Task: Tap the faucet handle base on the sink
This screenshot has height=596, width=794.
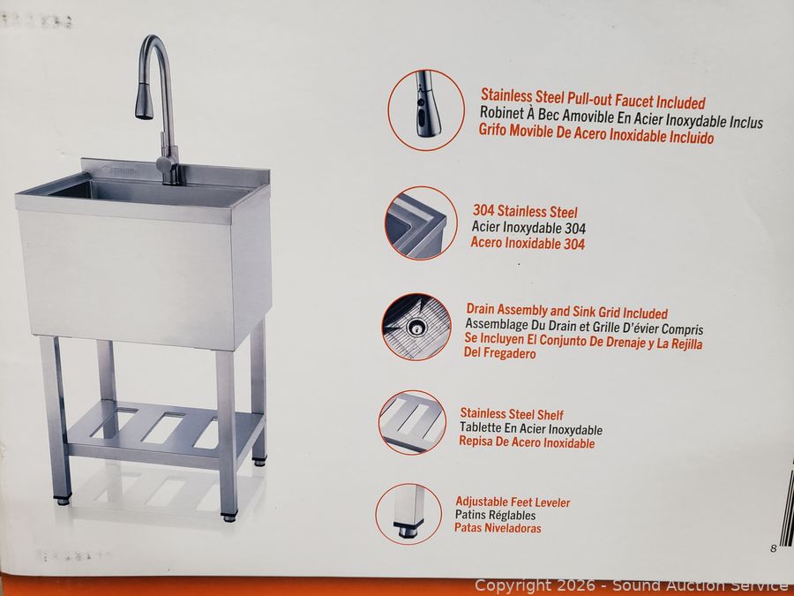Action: [x=168, y=168]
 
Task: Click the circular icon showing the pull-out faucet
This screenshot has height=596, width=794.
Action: [x=426, y=110]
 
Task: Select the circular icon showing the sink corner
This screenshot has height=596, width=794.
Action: [x=417, y=223]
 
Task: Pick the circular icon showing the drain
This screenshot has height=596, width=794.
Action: [x=416, y=327]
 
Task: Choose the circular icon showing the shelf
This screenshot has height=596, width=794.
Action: [x=412, y=422]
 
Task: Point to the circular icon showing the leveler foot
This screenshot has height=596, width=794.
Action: [x=408, y=514]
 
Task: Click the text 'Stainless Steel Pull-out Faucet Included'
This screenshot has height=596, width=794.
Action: [x=593, y=99]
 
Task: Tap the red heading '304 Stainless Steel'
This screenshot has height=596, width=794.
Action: [x=525, y=211]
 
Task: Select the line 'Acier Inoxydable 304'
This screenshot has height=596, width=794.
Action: [x=528, y=228]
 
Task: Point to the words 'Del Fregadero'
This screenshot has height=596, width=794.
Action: [x=499, y=352]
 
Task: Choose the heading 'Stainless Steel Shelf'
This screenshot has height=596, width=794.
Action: [x=512, y=414]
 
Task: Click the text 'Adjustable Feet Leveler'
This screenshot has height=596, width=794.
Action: [x=513, y=502]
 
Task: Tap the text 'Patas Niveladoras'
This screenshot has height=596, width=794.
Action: [x=498, y=528]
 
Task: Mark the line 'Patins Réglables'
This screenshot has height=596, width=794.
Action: [x=495, y=515]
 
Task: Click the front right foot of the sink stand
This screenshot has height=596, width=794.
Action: [x=228, y=517]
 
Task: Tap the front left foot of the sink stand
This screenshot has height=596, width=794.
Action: [x=64, y=501]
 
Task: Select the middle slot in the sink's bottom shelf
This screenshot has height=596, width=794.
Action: [x=163, y=428]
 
